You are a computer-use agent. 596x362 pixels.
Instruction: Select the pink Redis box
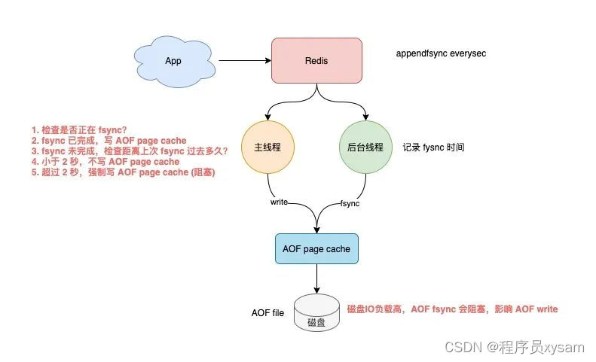point(316,60)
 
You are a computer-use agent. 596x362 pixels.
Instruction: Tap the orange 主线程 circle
point(267,148)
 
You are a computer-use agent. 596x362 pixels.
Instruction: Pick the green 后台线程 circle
point(367,148)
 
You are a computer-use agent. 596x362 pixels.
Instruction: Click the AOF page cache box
point(316,249)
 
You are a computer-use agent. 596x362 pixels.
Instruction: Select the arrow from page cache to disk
point(316,278)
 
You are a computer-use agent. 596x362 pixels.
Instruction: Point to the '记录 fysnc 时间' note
point(433,148)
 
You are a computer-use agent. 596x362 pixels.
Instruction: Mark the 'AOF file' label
point(267,312)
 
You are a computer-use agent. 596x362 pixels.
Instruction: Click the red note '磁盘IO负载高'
point(452,309)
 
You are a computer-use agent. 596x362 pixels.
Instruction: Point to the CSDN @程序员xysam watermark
point(515,346)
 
